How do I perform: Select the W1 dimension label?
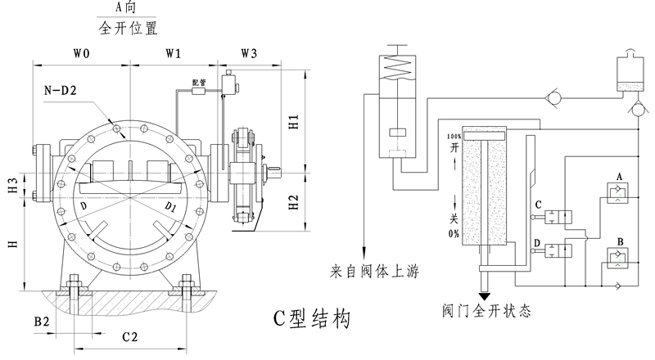coord(174,54)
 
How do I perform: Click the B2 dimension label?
coord(43,322)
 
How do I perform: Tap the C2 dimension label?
coord(129,336)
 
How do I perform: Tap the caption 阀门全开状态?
coord(486,311)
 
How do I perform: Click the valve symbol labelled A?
coord(618,191)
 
